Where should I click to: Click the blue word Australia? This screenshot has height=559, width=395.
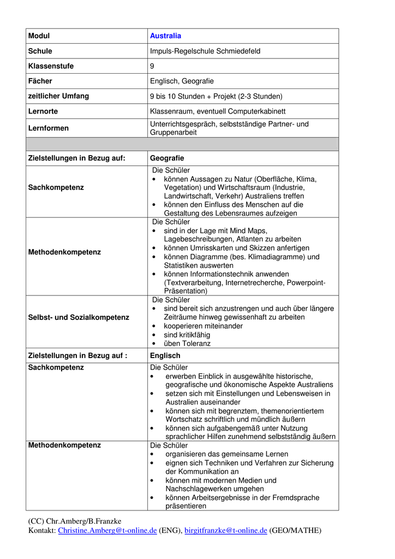[165, 36]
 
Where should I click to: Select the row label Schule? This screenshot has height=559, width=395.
[40, 51]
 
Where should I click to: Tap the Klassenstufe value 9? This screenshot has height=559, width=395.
[152, 66]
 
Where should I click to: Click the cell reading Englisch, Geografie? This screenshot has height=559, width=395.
[182, 81]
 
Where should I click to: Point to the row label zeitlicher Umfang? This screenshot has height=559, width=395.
[58, 96]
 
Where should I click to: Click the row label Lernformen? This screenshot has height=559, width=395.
[48, 128]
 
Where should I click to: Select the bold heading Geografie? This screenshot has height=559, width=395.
[167, 158]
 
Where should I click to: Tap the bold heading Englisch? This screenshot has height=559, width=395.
[165, 356]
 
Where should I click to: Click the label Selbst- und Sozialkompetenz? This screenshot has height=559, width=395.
[79, 317]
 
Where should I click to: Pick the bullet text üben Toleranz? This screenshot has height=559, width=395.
[187, 343]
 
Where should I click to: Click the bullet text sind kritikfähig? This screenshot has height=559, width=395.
[187, 335]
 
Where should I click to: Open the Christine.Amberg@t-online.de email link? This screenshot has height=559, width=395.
[107, 531]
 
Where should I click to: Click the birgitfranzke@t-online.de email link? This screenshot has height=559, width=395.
[225, 531]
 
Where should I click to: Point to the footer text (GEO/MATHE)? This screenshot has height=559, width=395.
[295, 531]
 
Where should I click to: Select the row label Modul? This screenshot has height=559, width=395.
[39, 36]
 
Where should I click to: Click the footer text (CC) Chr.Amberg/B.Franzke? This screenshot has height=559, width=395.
[74, 521]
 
